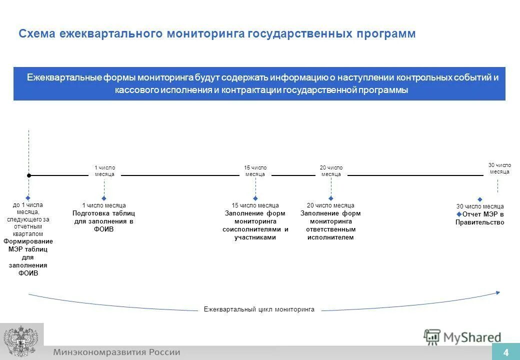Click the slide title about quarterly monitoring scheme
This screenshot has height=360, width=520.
217,33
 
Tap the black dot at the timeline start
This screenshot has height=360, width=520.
29,175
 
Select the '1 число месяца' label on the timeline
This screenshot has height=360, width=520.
104,171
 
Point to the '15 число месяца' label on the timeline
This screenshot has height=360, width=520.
255,171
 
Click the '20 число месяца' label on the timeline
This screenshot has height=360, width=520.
331,171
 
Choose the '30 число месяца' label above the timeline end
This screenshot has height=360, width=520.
499,168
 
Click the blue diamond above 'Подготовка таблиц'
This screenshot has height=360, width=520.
104,198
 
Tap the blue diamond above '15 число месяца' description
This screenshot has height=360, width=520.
255,198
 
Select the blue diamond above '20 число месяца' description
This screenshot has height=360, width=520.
331,198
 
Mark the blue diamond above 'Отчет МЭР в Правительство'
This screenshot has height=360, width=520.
480,199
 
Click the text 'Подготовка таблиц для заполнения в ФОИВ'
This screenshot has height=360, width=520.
104,221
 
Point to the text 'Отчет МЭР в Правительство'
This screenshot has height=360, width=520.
480,218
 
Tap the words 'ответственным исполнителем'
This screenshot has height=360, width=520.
330,233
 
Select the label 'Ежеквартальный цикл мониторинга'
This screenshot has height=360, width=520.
259,309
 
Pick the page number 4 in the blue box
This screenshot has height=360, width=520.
505,352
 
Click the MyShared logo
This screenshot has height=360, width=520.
462,337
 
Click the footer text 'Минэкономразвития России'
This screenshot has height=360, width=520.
117,352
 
